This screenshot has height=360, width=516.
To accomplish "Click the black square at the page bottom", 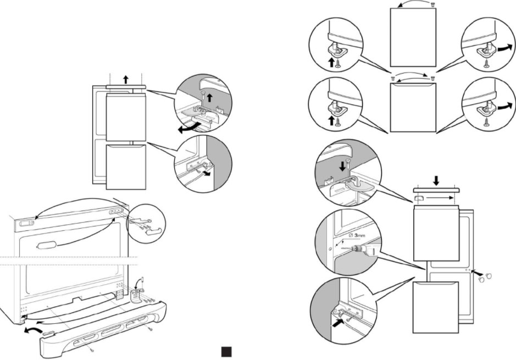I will click(x=225, y=351).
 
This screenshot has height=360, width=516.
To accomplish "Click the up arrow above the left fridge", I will click(x=126, y=79).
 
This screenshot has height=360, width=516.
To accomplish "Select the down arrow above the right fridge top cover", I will click(x=436, y=179).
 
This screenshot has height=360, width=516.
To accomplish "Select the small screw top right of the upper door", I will click(x=433, y=4).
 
